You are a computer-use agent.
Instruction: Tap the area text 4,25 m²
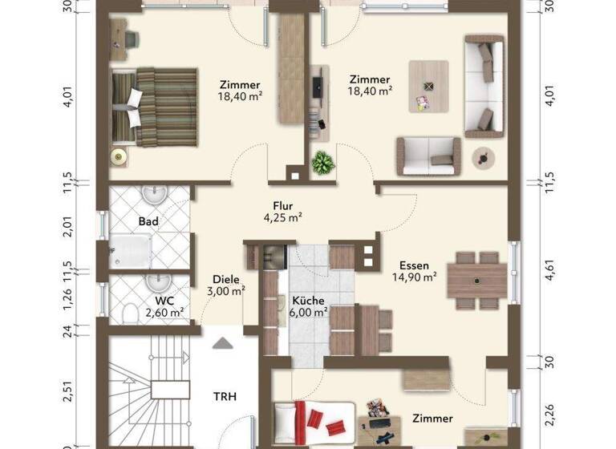tap(282, 216)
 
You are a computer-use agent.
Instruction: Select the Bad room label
tap(148, 221)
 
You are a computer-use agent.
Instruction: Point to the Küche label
tap(308, 299)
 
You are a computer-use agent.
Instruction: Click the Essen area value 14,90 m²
tap(415, 277)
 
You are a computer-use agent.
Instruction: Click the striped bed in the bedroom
tap(156, 107)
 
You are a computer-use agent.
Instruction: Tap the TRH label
tap(224, 396)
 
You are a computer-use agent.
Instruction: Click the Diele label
tap(226, 279)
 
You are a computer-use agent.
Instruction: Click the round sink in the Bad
tap(152, 195)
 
